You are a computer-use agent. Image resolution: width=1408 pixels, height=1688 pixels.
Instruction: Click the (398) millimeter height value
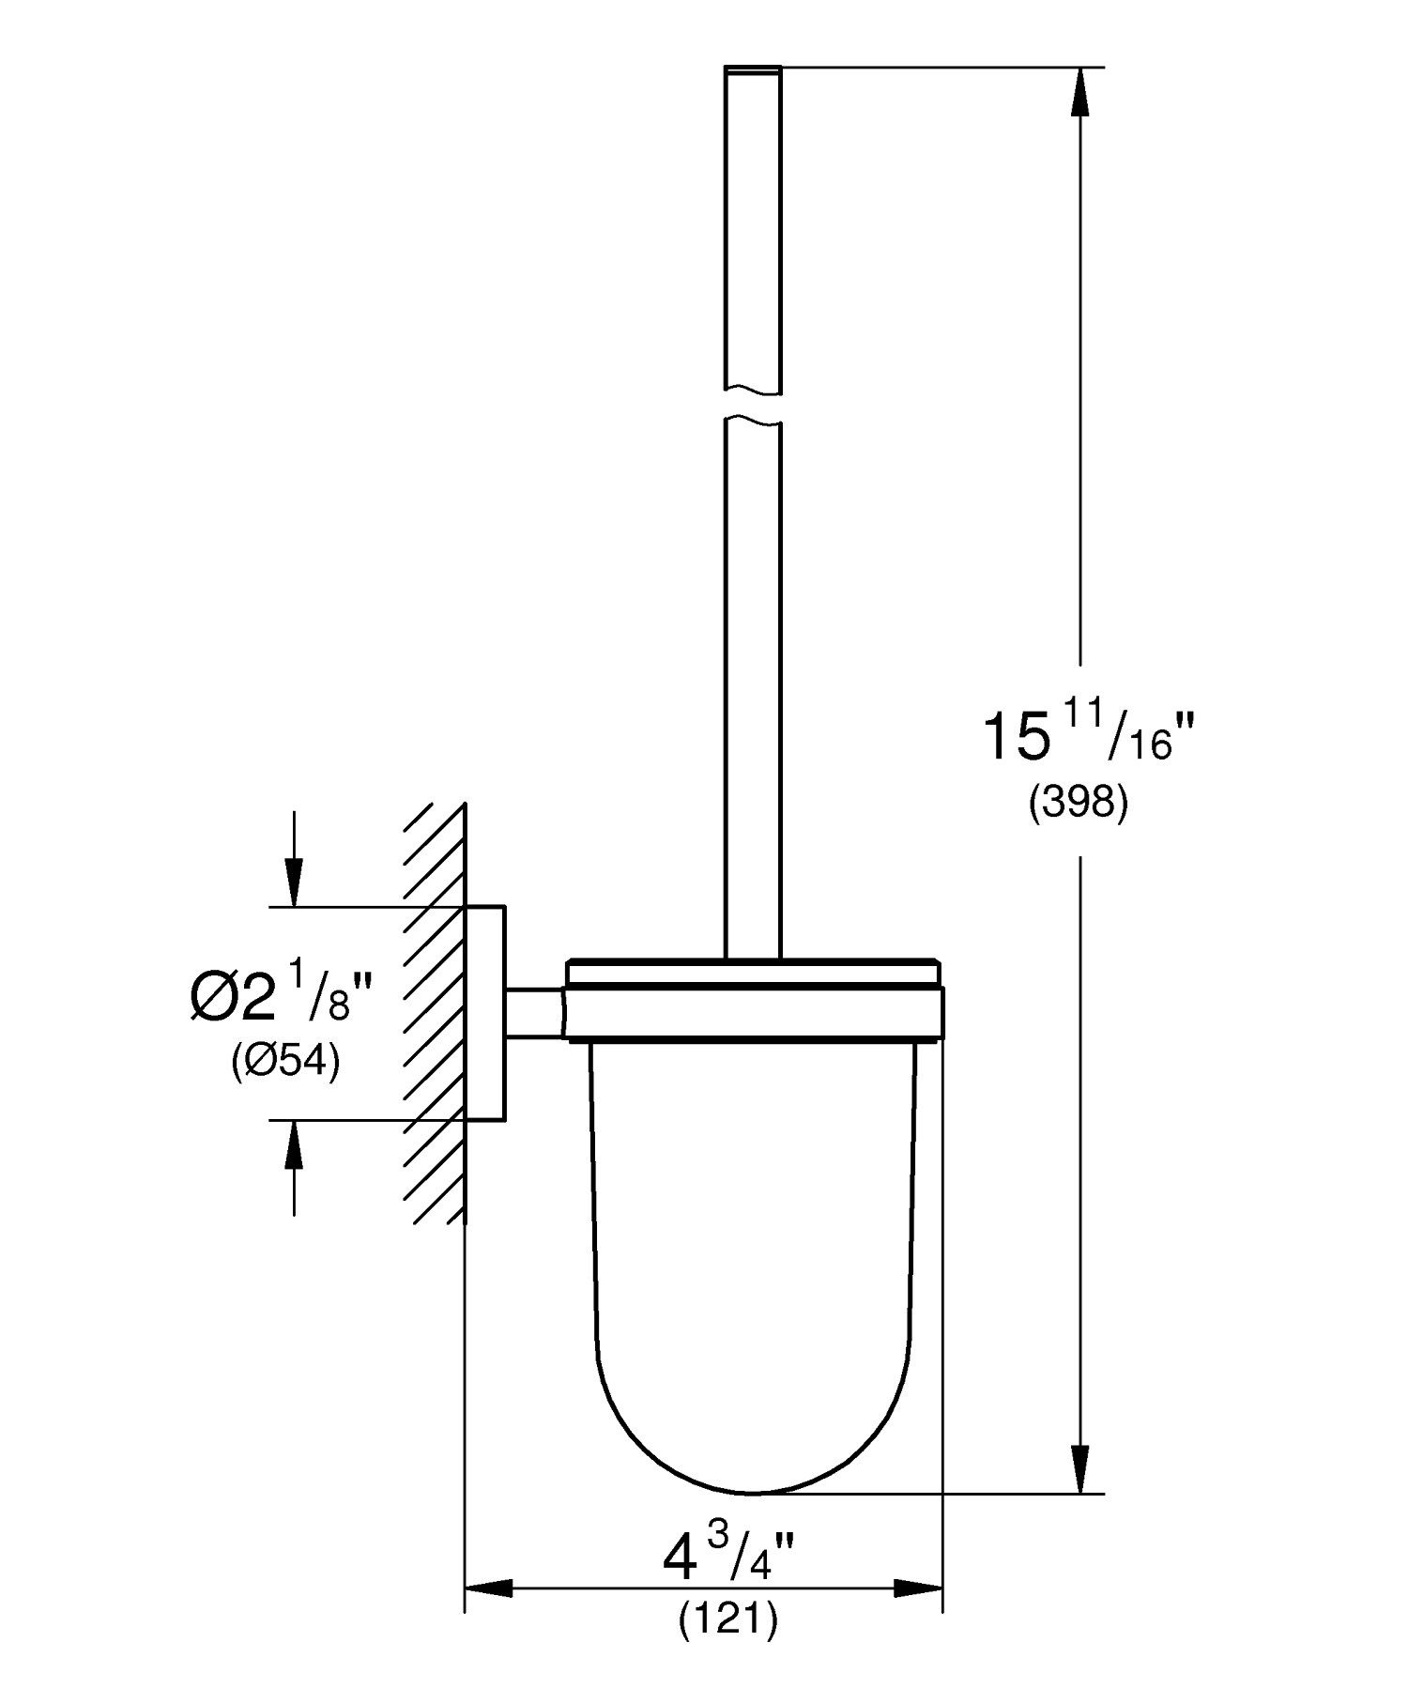1078,804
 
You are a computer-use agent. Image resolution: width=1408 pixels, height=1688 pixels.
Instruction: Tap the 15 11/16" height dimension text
1078,737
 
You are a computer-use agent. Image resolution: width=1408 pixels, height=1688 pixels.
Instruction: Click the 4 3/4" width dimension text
727,1560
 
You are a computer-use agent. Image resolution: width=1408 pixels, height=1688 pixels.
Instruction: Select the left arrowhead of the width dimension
490,1588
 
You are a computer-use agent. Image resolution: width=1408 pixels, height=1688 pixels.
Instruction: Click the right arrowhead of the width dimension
917,1588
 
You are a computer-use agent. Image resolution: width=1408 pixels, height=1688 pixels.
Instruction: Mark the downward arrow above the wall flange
295,882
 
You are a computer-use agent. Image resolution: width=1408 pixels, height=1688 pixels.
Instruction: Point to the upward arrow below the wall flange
295,1144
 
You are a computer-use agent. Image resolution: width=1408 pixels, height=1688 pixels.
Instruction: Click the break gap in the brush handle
753,406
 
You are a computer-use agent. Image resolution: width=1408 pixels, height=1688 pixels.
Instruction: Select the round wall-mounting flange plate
486,1013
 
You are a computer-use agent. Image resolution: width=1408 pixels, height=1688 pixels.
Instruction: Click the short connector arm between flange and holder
535,1013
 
